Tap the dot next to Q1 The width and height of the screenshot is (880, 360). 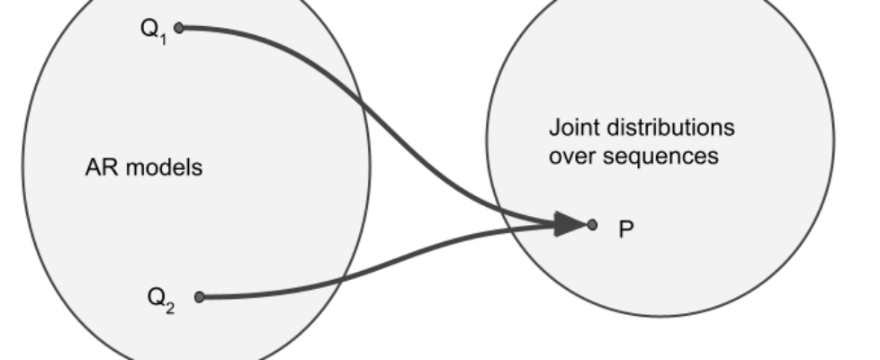coord(178,29)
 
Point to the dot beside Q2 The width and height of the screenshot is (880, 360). coord(199,297)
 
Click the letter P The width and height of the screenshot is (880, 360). coord(626,229)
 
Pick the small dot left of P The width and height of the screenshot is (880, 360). coord(591,225)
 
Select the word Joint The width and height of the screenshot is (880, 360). coord(571,128)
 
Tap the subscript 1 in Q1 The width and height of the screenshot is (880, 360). coord(162,37)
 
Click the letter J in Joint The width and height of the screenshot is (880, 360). coord(552,128)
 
